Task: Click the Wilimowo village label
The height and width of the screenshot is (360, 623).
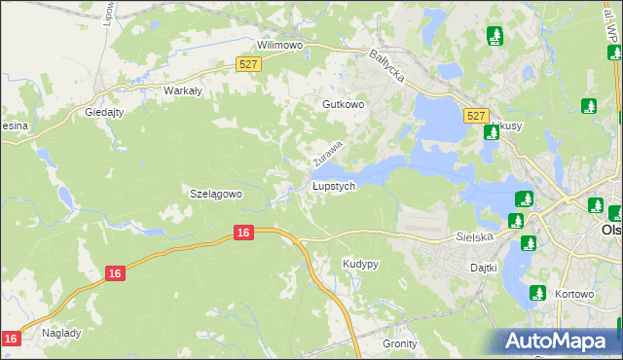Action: [280, 45]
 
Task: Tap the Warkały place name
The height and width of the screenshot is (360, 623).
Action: [182, 90]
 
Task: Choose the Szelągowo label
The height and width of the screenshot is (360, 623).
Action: [214, 194]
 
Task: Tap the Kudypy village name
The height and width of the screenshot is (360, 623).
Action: [361, 264]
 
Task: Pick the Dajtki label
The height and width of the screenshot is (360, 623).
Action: [483, 267]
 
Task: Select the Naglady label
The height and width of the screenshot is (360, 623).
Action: [61, 333]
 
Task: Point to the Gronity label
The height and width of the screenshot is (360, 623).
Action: [400, 343]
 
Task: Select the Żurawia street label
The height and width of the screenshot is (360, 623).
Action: [328, 152]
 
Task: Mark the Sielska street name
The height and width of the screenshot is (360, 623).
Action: [475, 236]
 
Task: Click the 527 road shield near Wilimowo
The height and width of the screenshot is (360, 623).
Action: [248, 64]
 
